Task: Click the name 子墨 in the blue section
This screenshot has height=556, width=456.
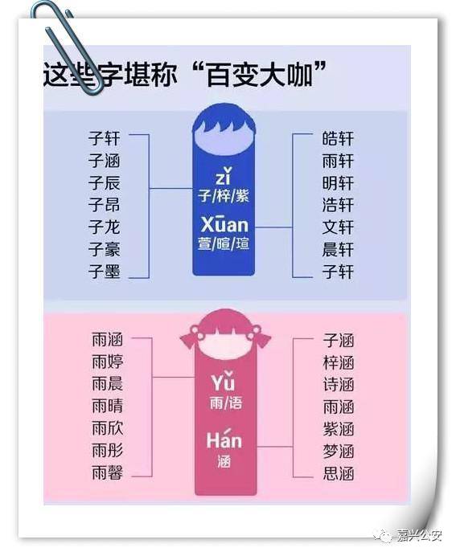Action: [105, 272]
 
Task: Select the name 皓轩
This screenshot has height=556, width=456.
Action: [338, 138]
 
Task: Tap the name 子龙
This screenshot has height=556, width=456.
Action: [105, 227]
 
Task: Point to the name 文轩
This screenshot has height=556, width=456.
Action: [338, 227]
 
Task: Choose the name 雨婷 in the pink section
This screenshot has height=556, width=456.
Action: [108, 362]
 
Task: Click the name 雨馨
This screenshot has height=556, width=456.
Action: [108, 472]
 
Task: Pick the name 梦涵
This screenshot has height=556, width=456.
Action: [339, 451]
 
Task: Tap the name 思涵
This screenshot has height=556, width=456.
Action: [339, 473]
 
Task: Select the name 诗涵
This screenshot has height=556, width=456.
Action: [339, 384]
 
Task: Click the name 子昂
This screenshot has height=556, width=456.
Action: [105, 205]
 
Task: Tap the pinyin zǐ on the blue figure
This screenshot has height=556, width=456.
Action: [224, 176]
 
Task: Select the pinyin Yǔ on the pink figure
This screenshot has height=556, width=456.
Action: [224, 381]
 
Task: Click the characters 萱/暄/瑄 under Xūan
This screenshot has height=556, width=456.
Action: [224, 243]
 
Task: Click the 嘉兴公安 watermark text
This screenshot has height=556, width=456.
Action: [420, 535]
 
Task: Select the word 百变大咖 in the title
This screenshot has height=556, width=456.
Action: [260, 75]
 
